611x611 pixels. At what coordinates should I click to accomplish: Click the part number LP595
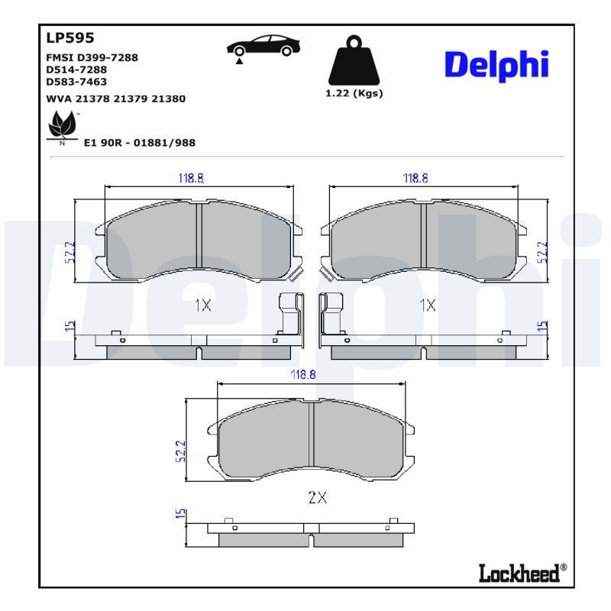point(70,37)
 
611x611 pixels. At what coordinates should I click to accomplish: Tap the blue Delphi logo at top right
point(496,66)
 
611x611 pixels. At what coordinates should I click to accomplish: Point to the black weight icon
point(352,60)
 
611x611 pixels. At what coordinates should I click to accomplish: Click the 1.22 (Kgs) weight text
point(353,93)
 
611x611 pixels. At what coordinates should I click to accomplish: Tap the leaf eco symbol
point(61,124)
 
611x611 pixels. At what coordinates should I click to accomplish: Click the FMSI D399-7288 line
point(92,57)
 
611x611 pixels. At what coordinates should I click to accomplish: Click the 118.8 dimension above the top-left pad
point(191,178)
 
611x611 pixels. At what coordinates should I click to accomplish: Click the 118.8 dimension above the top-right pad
point(415,178)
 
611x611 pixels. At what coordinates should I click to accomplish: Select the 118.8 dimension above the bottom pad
point(302,375)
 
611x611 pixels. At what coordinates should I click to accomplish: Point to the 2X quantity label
point(317,497)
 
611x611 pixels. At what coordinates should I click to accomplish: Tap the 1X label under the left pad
point(202,305)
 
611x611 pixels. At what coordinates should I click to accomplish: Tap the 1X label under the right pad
point(428,305)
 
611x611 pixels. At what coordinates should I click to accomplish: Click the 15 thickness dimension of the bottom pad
point(180,516)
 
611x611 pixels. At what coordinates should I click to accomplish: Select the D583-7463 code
point(76,81)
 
